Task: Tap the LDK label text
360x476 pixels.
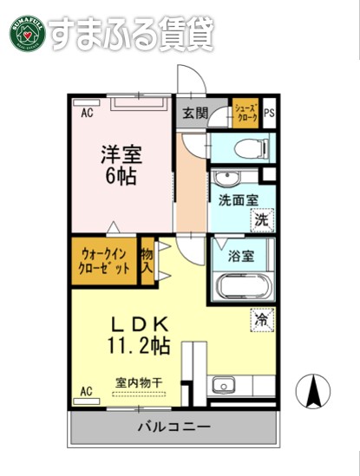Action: [x=139, y=324]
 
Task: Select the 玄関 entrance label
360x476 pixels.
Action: [x=195, y=112]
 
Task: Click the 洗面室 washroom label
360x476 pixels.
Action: [x=238, y=200]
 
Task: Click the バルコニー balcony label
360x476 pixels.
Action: [x=173, y=427]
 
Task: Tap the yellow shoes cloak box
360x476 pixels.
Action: [x=246, y=112]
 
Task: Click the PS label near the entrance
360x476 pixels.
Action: [x=269, y=113]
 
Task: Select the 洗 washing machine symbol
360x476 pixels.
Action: [x=261, y=220]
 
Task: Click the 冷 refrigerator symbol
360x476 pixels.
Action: [x=261, y=319]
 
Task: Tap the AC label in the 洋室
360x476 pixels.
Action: [x=87, y=113]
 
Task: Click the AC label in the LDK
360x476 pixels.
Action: [x=87, y=392]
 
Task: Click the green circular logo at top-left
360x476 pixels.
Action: [x=26, y=32]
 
